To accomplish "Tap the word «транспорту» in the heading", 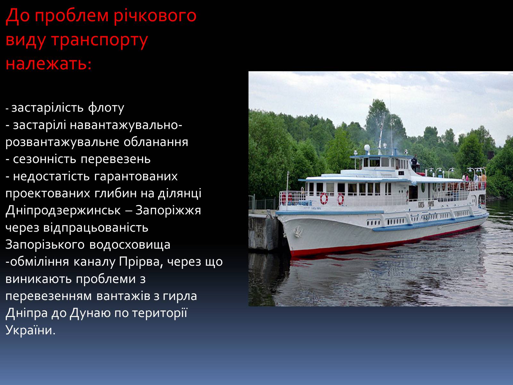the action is pyautogui.click(x=100, y=40).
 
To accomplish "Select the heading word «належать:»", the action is pyautogui.click(x=48, y=64).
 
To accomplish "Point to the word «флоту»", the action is pyautogui.click(x=106, y=108).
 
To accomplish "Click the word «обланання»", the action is pyautogui.click(x=156, y=142).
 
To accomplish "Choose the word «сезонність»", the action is pyautogui.click(x=44, y=159).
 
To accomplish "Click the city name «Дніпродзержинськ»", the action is pyautogui.click(x=63, y=210).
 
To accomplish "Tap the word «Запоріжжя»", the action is pyautogui.click(x=168, y=210).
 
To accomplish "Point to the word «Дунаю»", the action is pyautogui.click(x=90, y=313).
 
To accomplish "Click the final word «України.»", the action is pyautogui.click(x=30, y=330).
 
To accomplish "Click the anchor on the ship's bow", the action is pyautogui.click(x=298, y=231).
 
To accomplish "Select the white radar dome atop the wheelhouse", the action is pyautogui.click(x=367, y=148).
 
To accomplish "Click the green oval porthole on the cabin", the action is pyautogui.click(x=423, y=188).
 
